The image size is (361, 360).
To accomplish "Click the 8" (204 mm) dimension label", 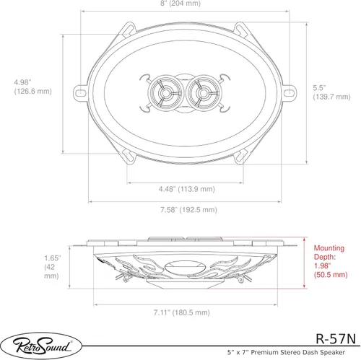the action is (x=180, y=4).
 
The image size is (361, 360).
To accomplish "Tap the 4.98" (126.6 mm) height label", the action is (x=33, y=87).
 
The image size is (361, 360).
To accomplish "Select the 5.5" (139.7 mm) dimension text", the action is (x=331, y=92).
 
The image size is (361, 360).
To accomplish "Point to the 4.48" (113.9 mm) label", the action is (x=187, y=189).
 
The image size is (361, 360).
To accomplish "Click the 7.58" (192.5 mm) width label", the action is (x=188, y=210).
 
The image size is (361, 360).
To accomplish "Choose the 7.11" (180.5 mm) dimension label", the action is (x=182, y=312).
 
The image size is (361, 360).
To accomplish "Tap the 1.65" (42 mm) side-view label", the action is (x=52, y=267).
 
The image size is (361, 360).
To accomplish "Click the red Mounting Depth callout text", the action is (x=331, y=261).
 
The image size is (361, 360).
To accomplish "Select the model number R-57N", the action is (x=336, y=338).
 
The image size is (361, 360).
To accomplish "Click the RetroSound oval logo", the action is (x=41, y=346).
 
